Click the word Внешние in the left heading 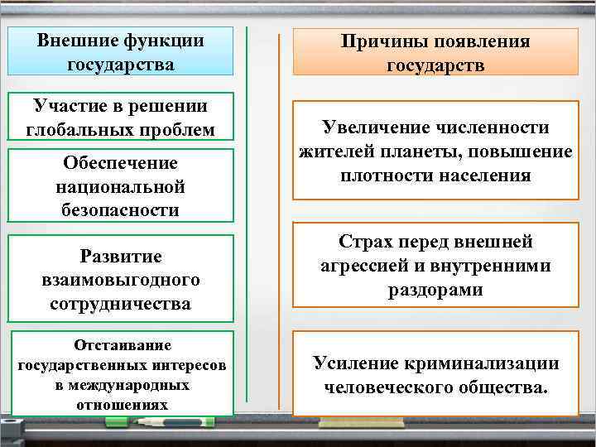point(79,41)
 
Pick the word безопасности point(120,210)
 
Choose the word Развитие point(120,256)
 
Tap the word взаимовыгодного point(120,280)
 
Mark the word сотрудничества point(120,304)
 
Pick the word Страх point(366,242)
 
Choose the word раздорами point(435,291)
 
